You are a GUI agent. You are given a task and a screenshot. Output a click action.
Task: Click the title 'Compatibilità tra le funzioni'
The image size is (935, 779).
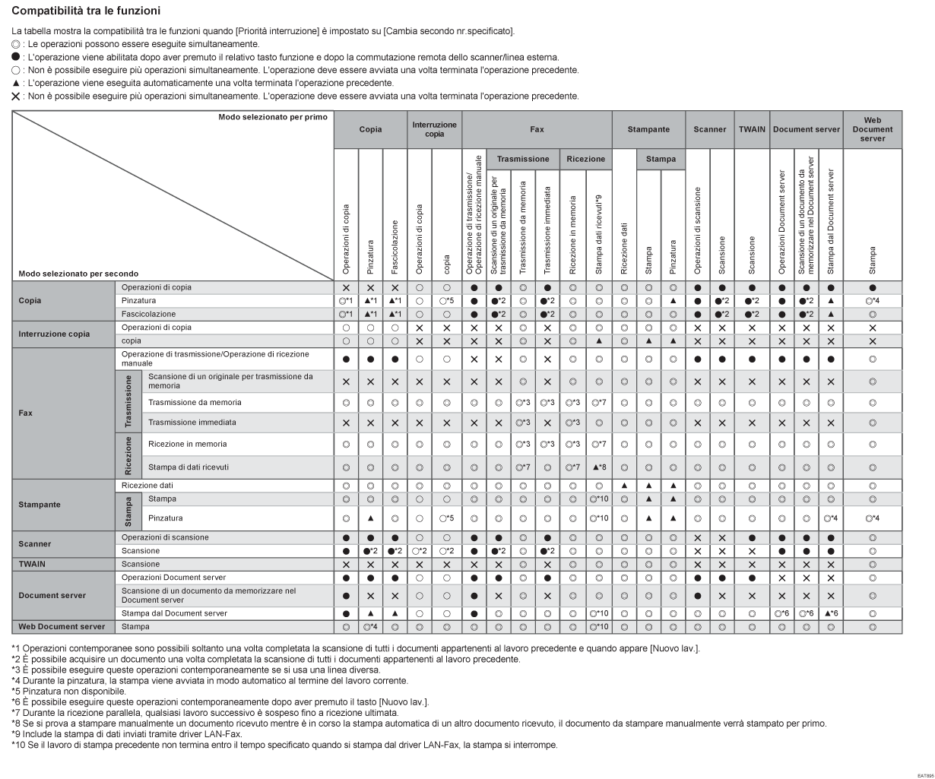coord(86,11)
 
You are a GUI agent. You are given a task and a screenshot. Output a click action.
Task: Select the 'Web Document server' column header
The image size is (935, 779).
coord(872,129)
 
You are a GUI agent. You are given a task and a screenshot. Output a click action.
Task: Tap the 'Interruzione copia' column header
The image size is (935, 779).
coord(434,129)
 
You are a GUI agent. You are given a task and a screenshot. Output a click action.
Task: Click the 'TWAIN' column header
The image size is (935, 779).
coord(753,130)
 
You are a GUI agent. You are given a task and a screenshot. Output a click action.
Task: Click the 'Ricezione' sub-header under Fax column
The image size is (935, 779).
coord(585,160)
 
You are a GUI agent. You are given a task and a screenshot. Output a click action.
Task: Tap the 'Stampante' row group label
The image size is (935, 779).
coord(40,504)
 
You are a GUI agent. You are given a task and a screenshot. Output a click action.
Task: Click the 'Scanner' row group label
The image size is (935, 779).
coord(35,544)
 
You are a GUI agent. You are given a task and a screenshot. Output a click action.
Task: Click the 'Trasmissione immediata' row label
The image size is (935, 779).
coord(192,422)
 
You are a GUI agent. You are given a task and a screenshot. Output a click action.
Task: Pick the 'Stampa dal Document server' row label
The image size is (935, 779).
coord(174,613)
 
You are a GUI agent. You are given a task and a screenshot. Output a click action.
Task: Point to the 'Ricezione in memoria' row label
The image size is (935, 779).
coord(188,444)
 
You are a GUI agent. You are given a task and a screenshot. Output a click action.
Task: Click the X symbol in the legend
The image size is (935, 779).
coord(16,96)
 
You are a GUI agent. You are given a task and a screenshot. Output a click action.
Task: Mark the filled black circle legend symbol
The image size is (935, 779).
coord(16,57)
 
